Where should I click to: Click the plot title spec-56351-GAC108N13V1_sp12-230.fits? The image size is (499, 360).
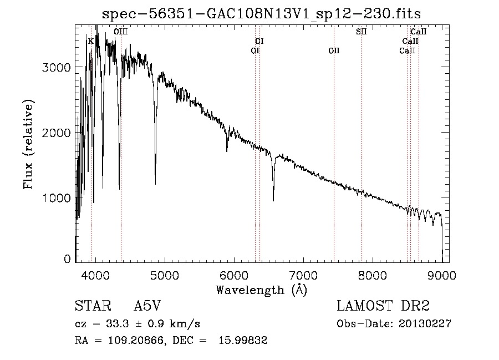[261, 14]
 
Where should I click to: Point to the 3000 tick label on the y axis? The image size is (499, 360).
[56, 68]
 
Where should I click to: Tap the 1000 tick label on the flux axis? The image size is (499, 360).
[56, 198]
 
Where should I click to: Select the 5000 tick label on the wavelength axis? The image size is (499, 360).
[165, 275]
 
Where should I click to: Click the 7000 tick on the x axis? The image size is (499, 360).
[303, 275]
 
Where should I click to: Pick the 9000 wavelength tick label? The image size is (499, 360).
[442, 275]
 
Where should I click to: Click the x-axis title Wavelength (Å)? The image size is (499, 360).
[262, 290]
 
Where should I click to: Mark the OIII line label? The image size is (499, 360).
[121, 32]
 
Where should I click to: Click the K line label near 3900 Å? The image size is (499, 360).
[91, 42]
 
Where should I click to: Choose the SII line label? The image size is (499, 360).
[361, 32]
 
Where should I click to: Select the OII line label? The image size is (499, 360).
[334, 50]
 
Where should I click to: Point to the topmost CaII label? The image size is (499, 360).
[418, 32]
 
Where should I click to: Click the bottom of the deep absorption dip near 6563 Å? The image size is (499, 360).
[273, 201]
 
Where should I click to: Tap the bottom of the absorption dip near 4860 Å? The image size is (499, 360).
[155, 184]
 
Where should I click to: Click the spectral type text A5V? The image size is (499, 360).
[147, 306]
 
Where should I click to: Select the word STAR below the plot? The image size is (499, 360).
[93, 306]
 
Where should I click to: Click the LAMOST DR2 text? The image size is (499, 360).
[383, 306]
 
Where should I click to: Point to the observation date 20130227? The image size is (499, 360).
[425, 324]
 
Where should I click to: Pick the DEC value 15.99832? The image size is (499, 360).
[243, 340]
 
